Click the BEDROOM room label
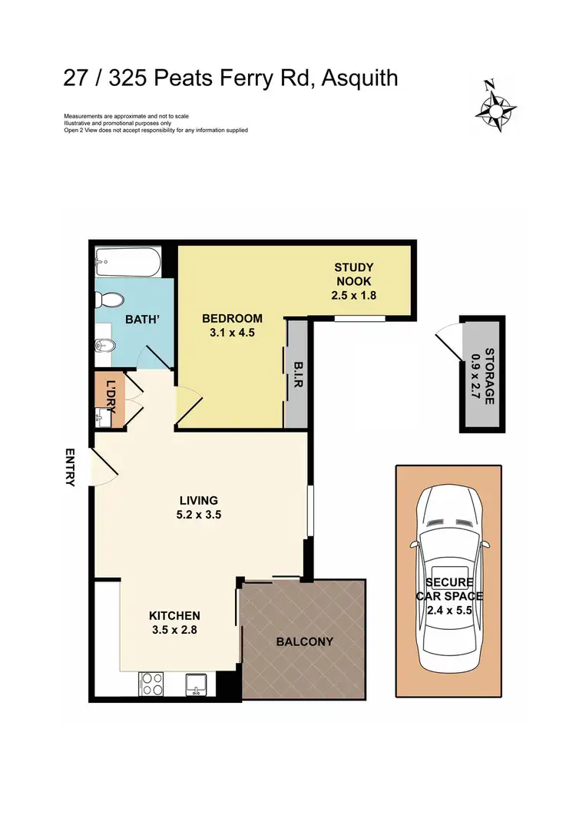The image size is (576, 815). pos(232,319)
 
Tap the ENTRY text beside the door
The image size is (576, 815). pos(70,467)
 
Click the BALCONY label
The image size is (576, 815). pos(305,641)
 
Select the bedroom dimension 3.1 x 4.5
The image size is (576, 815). pos(232,333)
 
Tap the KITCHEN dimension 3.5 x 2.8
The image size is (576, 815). pos(174,631)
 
